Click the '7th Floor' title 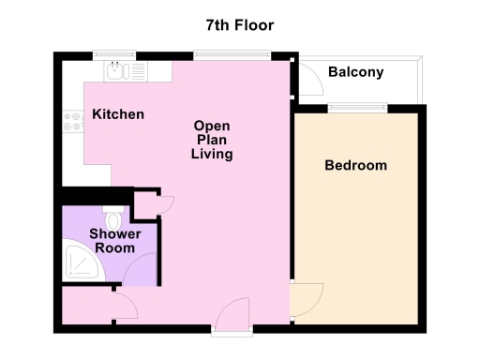[240, 24]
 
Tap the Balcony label [355, 72]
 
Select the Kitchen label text [118, 114]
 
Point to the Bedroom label [355, 166]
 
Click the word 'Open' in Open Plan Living [212, 125]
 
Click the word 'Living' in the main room [212, 154]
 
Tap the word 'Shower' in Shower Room [114, 233]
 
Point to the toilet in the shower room [114, 214]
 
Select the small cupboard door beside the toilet [166, 202]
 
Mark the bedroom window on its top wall [356, 108]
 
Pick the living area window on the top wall [233, 54]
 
